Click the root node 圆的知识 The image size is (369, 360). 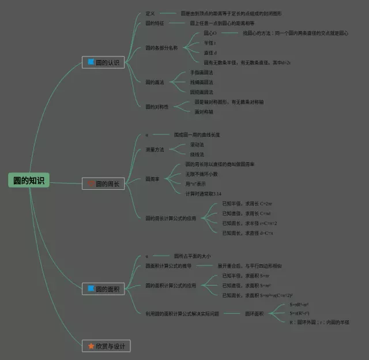pyautogui.click(x=29, y=180)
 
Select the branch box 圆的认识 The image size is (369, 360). pyautogui.click(x=103, y=62)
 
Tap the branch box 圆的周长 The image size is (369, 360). pyautogui.click(x=103, y=184)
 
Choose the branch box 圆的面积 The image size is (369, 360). pyautogui.click(x=103, y=288)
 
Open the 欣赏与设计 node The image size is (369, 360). pyautogui.click(x=107, y=346)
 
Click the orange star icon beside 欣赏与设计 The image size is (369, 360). pyautogui.click(x=91, y=346)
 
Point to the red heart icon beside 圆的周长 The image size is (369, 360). pyautogui.click(x=91, y=184)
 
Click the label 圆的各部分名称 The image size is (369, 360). pyautogui.click(x=161, y=47)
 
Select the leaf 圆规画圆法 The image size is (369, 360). pyautogui.click(x=201, y=92)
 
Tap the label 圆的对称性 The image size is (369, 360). pyautogui.click(x=157, y=107)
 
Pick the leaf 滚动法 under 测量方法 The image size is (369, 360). pyautogui.click(x=197, y=144)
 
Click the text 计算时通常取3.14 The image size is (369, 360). pyautogui.click(x=203, y=193)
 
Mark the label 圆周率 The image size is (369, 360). pyautogui.click(x=152, y=179)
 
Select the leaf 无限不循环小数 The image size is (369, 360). pyautogui.click(x=201, y=174)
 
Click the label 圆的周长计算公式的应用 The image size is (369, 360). pyautogui.click(x=171, y=219)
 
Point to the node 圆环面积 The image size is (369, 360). pyautogui.click(x=254, y=313)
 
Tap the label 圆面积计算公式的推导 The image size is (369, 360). pyautogui.click(x=168, y=266)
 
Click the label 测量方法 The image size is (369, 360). pyautogui.click(x=155, y=149)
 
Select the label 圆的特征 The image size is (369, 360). pyautogui.click(x=155, y=23)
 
